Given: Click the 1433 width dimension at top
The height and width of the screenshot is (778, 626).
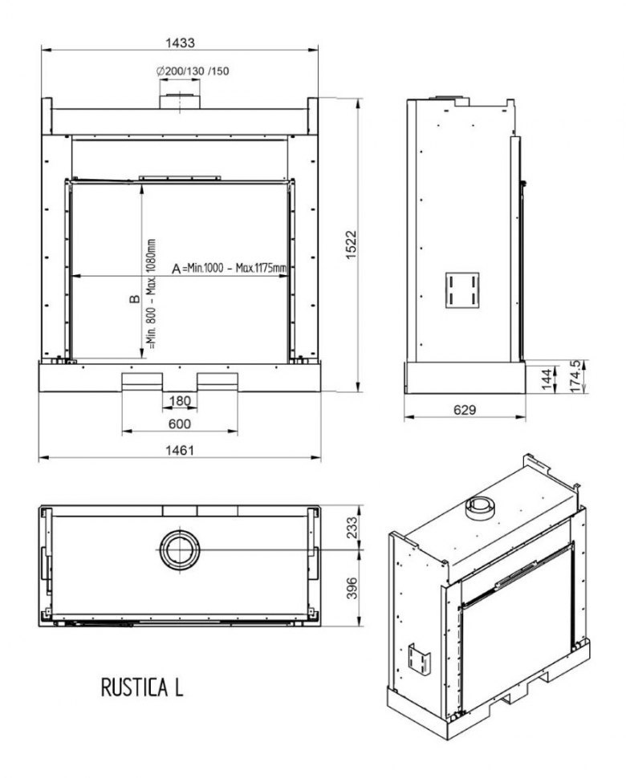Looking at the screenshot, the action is tap(180, 43).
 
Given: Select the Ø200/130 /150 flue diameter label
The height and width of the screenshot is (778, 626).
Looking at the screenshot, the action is tap(193, 71).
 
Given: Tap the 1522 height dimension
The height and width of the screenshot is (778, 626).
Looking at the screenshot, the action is tap(352, 244).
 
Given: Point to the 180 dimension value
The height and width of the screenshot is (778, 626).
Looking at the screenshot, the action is tap(180, 400).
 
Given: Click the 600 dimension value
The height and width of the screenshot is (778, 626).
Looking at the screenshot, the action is tap(180, 423).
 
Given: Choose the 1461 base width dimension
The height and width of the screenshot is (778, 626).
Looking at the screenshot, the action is tap(180, 450).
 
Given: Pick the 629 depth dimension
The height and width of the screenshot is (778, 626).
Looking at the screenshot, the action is tap(465, 410).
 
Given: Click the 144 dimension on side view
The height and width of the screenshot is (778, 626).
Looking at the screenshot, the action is tap(547, 379).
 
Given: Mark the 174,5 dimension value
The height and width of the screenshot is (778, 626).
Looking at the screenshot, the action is tap(576, 377).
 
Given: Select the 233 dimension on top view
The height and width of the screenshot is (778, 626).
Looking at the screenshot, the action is tap(352, 528).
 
